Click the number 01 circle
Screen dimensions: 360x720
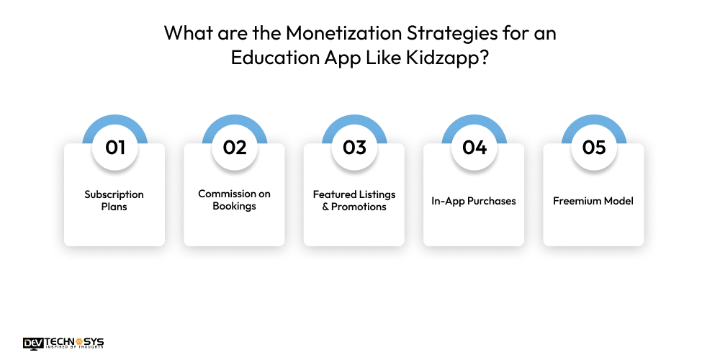[115, 147]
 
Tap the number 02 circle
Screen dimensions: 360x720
[235, 147]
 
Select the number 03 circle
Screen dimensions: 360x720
[354, 147]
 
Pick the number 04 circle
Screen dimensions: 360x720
[474, 147]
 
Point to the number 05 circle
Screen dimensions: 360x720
[594, 147]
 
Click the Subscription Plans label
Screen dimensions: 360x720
[114, 201]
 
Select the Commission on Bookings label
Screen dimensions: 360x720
[234, 200]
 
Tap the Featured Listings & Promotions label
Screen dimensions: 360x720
[354, 201]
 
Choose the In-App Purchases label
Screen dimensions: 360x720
[474, 201]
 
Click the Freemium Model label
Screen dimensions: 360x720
[593, 201]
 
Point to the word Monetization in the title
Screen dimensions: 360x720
[330, 33]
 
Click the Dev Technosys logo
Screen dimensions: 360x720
[63, 343]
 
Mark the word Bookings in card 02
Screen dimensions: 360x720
[234, 207]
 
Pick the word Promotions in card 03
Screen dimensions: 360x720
[359, 207]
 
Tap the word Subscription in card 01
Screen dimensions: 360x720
[114, 194]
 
